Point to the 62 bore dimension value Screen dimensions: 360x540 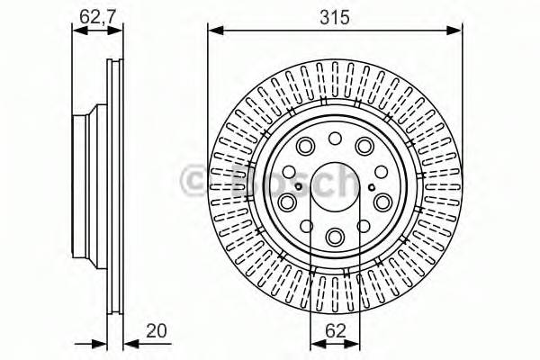335,330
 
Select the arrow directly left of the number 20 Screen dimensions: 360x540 130,342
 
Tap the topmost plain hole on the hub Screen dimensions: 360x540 335,137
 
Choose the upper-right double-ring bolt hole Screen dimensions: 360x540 364,147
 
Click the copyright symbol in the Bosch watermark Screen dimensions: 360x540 193,181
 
